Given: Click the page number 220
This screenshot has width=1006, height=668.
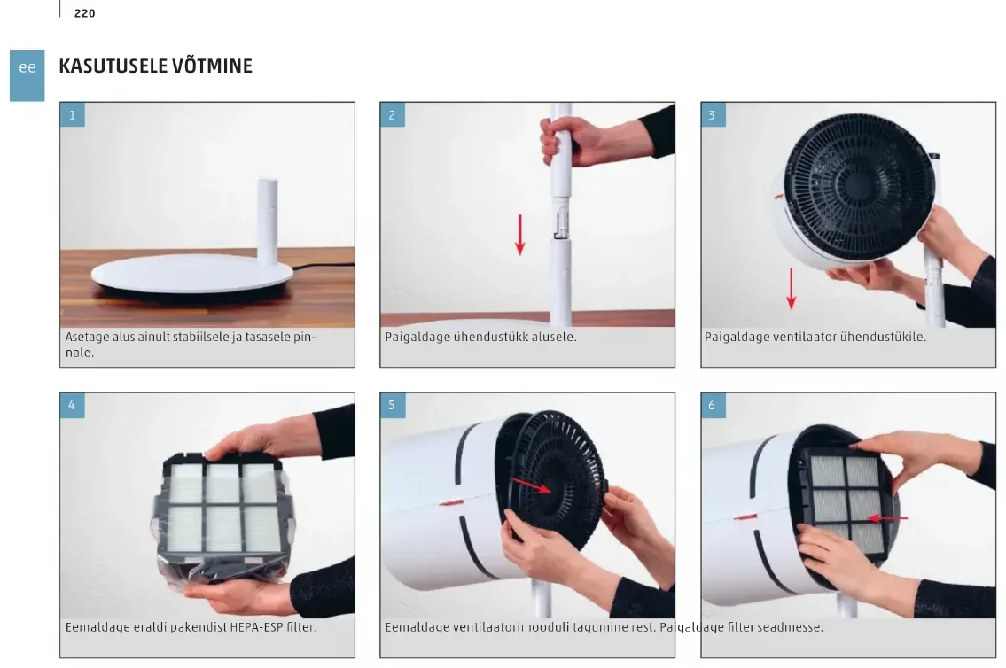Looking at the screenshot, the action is click(85, 13).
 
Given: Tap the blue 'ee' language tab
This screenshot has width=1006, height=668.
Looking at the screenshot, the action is click(27, 75).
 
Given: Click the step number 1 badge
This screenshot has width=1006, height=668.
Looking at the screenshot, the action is click(72, 115).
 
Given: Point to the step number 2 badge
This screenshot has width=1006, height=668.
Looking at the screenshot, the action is click(392, 115).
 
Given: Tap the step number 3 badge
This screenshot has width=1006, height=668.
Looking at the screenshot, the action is click(712, 115).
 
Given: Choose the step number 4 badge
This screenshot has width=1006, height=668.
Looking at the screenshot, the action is click(72, 405).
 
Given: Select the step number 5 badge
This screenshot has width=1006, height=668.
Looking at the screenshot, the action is click(392, 405).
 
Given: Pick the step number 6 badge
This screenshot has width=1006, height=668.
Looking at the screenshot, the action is click(712, 405).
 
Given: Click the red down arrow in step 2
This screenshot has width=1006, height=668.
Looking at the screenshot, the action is click(519, 235).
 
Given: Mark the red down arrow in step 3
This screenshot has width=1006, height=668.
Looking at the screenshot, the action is click(792, 289).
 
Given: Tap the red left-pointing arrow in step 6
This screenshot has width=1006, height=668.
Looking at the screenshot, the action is click(887, 518).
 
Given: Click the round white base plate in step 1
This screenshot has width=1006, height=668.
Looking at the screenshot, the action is click(192, 275).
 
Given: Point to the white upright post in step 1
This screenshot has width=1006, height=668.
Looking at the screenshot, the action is click(269, 221).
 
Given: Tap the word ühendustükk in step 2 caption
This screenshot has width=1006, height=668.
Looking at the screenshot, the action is click(489, 337).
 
